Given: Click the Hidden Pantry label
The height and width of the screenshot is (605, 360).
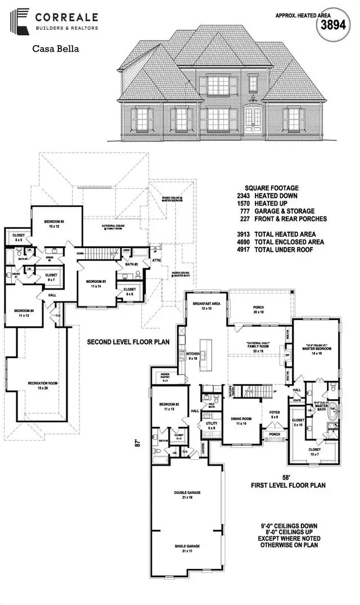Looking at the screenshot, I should pos(165,377).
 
